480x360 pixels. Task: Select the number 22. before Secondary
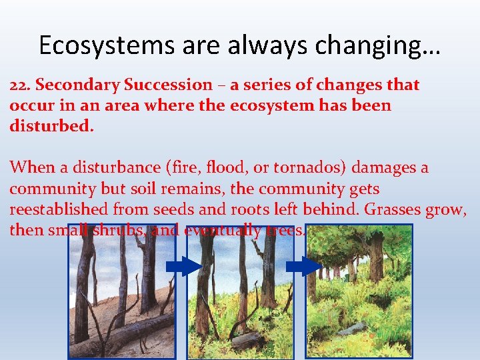point(21,85)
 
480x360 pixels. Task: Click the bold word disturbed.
point(52,126)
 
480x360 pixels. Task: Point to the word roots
point(250,209)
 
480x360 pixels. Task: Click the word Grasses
point(394,209)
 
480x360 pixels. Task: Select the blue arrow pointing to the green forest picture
point(303,267)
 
